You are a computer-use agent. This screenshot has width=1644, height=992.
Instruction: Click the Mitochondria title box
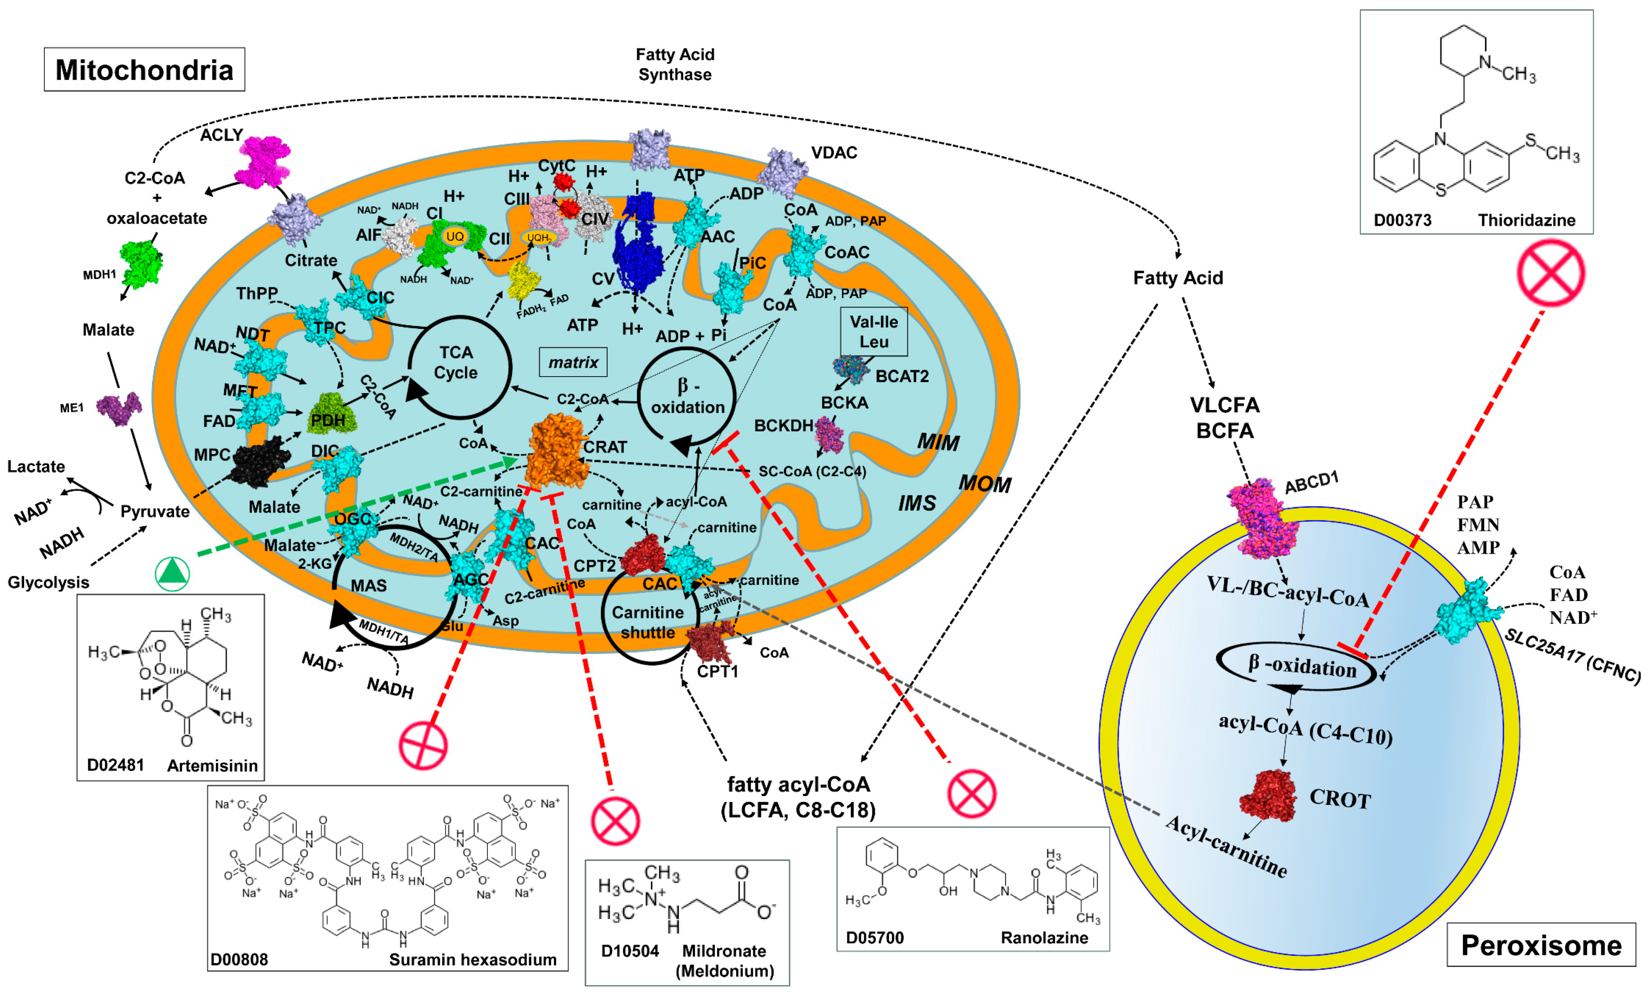coord(144,69)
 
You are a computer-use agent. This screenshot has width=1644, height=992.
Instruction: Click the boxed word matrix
coord(573,362)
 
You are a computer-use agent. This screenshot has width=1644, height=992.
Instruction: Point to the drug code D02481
coord(116,765)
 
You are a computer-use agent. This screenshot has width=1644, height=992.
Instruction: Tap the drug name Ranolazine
coord(1044,937)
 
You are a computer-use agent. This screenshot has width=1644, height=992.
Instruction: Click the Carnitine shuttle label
coord(647,622)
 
